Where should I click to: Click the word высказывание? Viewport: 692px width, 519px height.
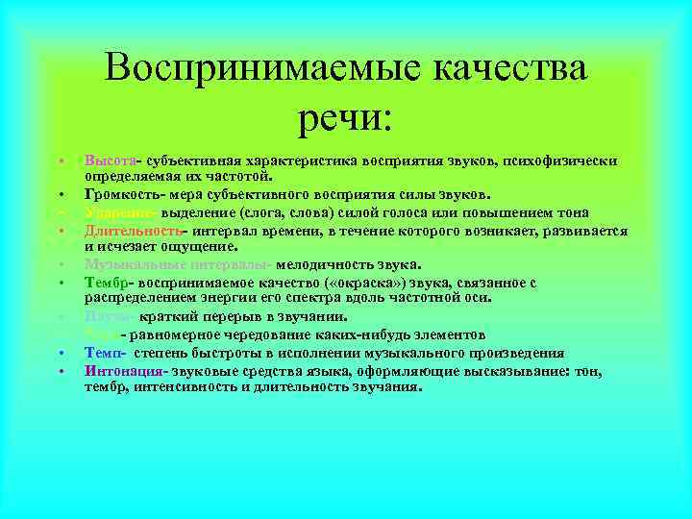[x=514, y=370]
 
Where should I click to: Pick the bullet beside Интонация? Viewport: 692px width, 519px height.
[x=60, y=371]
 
